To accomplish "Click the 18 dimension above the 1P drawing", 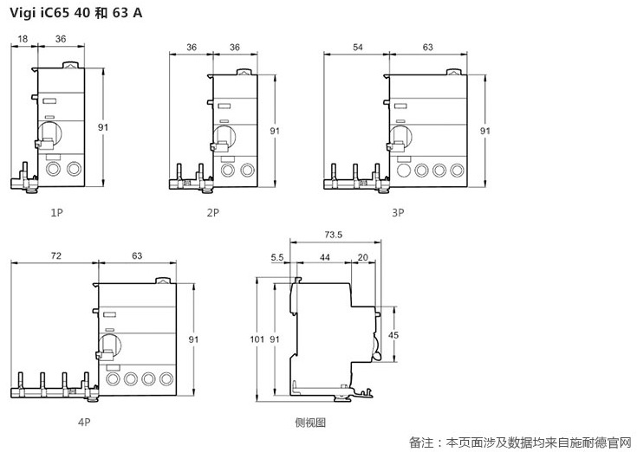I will (x=23, y=38).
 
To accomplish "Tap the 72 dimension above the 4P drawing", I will (x=56, y=257).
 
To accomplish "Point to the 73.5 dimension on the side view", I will (x=333, y=235).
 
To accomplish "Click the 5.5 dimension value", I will (x=277, y=257).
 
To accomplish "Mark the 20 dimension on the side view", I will (x=361, y=257).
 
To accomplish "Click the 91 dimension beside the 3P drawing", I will (x=484, y=130).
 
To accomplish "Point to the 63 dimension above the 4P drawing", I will (x=137, y=257).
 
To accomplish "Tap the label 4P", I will (x=82, y=423).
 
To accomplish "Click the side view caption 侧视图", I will (x=310, y=423).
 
